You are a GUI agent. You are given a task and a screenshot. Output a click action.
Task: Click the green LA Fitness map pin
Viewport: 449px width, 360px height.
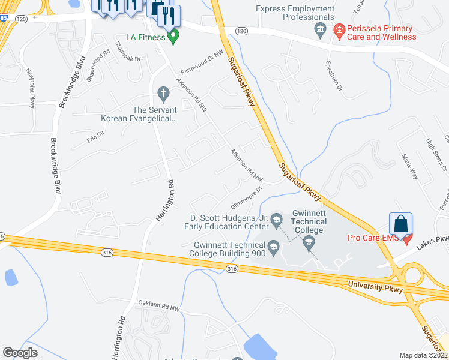tap(174, 37)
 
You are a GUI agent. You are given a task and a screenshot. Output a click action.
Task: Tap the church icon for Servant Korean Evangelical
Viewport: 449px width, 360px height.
tap(162, 93)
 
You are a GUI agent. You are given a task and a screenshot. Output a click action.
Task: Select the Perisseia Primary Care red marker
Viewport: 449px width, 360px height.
tap(339, 29)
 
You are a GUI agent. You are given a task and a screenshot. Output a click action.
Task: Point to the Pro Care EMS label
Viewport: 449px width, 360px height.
tap(373, 238)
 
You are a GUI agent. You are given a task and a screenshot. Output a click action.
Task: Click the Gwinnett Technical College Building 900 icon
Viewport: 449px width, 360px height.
tap(273, 245)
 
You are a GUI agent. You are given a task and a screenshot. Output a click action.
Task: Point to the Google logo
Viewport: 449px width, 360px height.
tap(20, 353)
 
